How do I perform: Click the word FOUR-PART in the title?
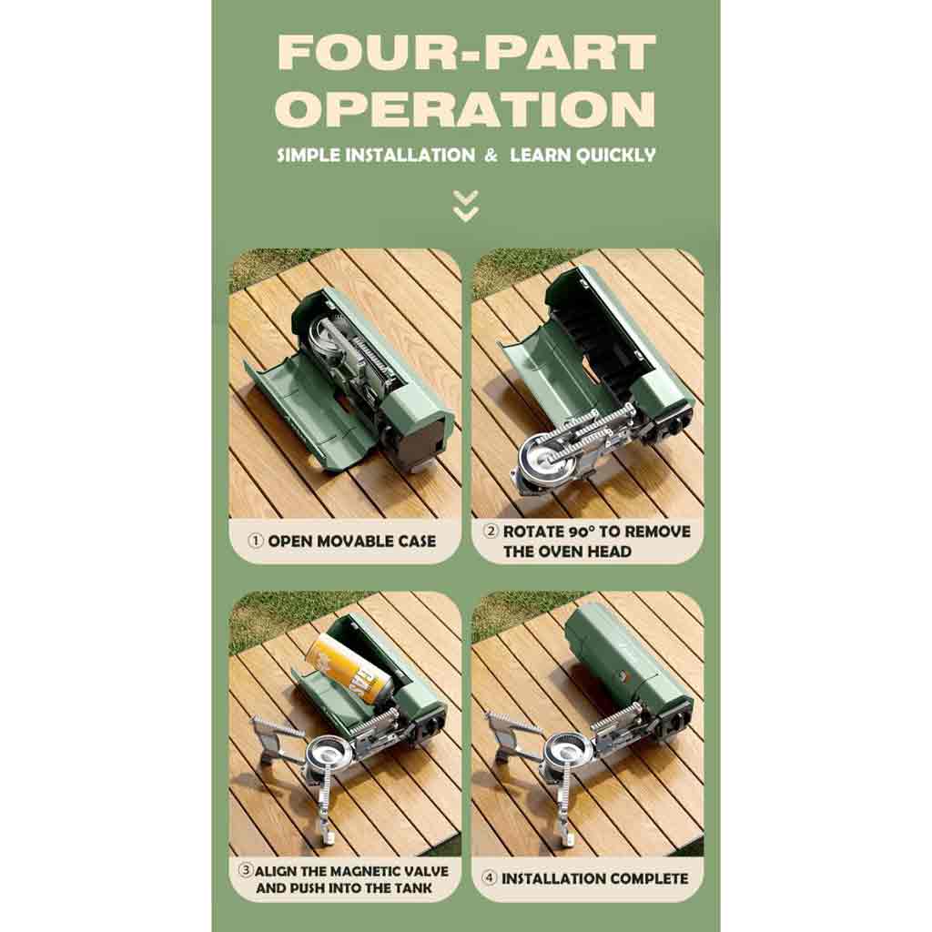(466, 52)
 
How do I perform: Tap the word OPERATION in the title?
(465, 109)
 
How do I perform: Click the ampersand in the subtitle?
(491, 156)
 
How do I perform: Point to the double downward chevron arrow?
(465, 207)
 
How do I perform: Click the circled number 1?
(256, 541)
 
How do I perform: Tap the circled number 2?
(491, 532)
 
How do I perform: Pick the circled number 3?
(245, 870)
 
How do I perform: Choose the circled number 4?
(489, 877)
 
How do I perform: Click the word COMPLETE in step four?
(648, 878)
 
